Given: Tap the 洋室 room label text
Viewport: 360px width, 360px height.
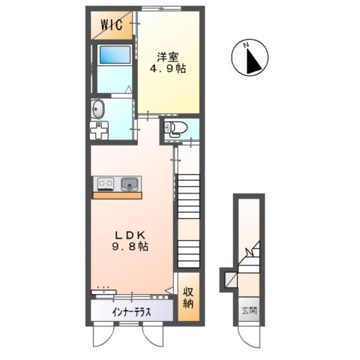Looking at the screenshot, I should pos(167,55).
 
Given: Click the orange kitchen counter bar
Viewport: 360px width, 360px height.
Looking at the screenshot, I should pos(117,194).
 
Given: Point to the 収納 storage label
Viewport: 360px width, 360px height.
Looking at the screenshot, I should pos(191,298).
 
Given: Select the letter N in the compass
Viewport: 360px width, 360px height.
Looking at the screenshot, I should pos(247,46).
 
